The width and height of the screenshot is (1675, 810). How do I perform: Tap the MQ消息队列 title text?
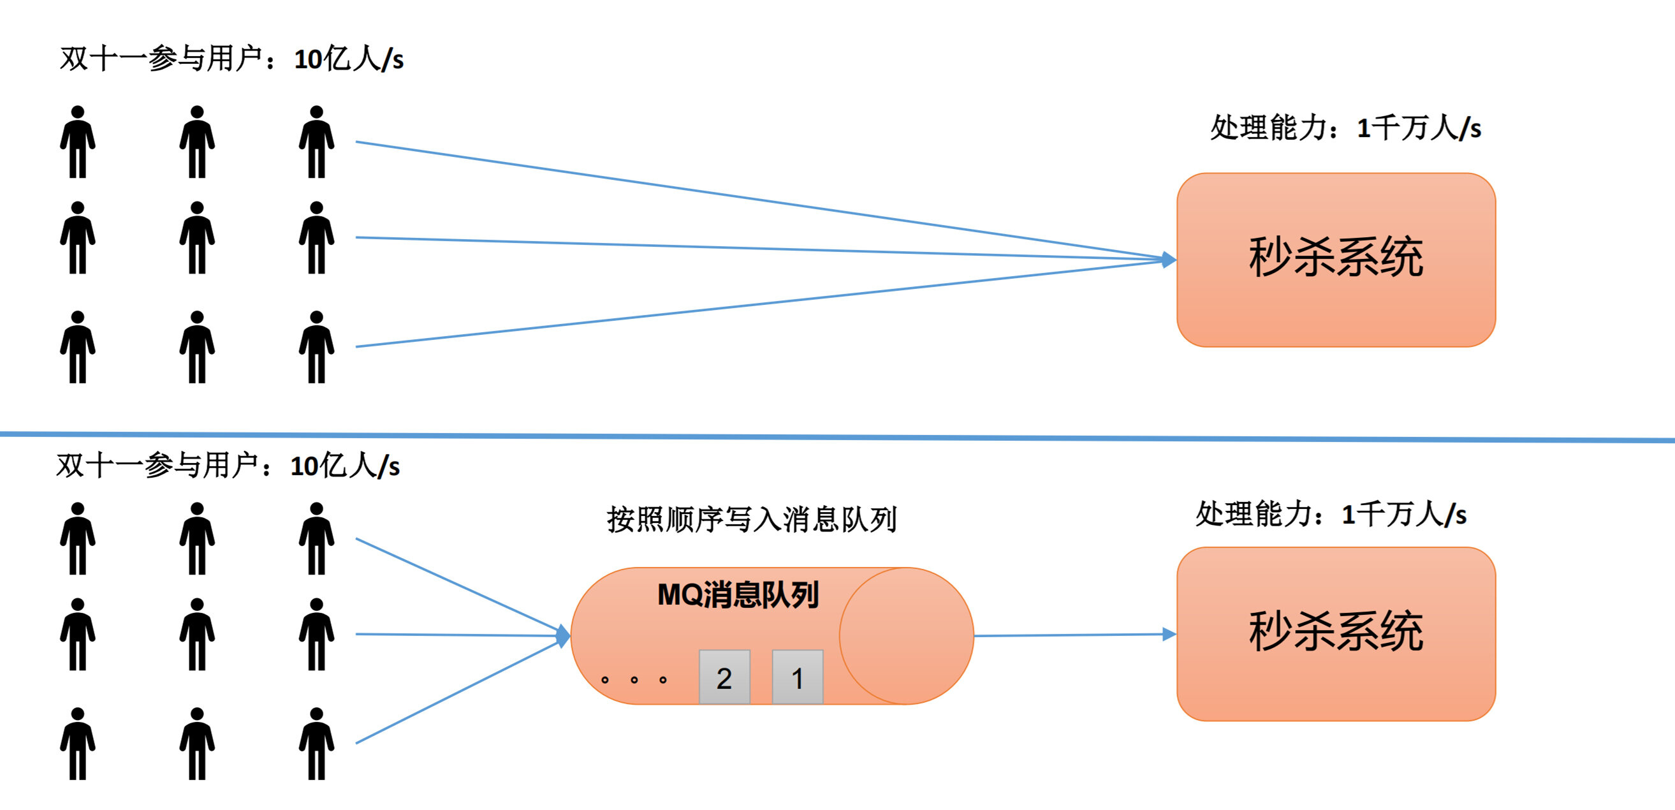tap(737, 594)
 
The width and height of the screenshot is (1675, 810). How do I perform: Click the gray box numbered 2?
tap(724, 677)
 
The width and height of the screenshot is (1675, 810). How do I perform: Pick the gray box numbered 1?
tap(797, 677)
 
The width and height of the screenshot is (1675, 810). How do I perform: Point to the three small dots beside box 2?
tap(634, 680)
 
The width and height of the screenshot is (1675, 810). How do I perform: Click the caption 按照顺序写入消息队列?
tap(752, 519)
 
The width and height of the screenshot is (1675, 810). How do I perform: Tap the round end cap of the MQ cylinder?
tap(907, 636)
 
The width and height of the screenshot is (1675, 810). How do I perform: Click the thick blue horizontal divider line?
tap(838, 436)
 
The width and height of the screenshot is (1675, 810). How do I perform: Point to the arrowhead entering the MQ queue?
tap(564, 635)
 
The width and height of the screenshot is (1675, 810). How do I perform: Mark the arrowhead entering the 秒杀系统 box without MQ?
tap(1169, 260)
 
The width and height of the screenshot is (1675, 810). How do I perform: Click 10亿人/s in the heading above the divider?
tap(349, 59)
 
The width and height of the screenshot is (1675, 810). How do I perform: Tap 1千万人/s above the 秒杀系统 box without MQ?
tap(1419, 128)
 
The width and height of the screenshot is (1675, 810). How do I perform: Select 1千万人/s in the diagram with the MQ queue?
tap(1404, 515)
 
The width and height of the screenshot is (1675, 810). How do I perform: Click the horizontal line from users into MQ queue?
tap(455, 635)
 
